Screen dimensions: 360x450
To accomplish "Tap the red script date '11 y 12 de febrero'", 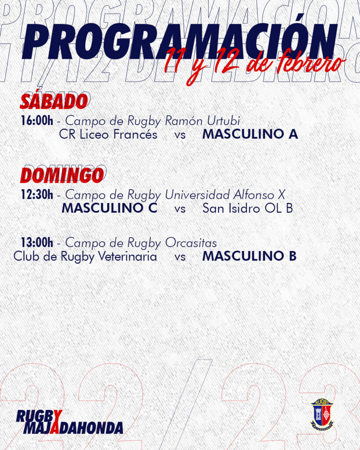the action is (x=255, y=65).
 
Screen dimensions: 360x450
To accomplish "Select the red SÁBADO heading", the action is (x=54, y=102).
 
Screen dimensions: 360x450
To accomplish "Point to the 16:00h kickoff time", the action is (x=37, y=120).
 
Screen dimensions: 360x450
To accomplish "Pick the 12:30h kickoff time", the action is (x=37, y=195).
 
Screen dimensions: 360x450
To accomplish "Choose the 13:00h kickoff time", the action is (x=37, y=243).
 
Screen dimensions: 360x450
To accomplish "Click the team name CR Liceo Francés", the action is (x=108, y=134).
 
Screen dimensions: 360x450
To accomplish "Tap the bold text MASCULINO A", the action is (x=250, y=134).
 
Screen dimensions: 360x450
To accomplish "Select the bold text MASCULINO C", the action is (x=109, y=208).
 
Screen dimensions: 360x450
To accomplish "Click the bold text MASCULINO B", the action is (x=249, y=256).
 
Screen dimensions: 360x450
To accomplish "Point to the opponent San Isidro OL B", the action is (x=247, y=208).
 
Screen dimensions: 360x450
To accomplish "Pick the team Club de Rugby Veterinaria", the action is (x=85, y=257).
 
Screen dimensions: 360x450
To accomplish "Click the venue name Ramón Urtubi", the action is (x=202, y=121).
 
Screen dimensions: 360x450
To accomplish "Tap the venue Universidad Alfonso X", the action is (x=225, y=195).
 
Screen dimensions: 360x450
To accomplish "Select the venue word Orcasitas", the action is (x=191, y=243).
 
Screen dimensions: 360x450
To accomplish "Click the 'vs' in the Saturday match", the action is (x=180, y=135).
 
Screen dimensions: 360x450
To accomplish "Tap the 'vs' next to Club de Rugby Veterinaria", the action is (x=180, y=257).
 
